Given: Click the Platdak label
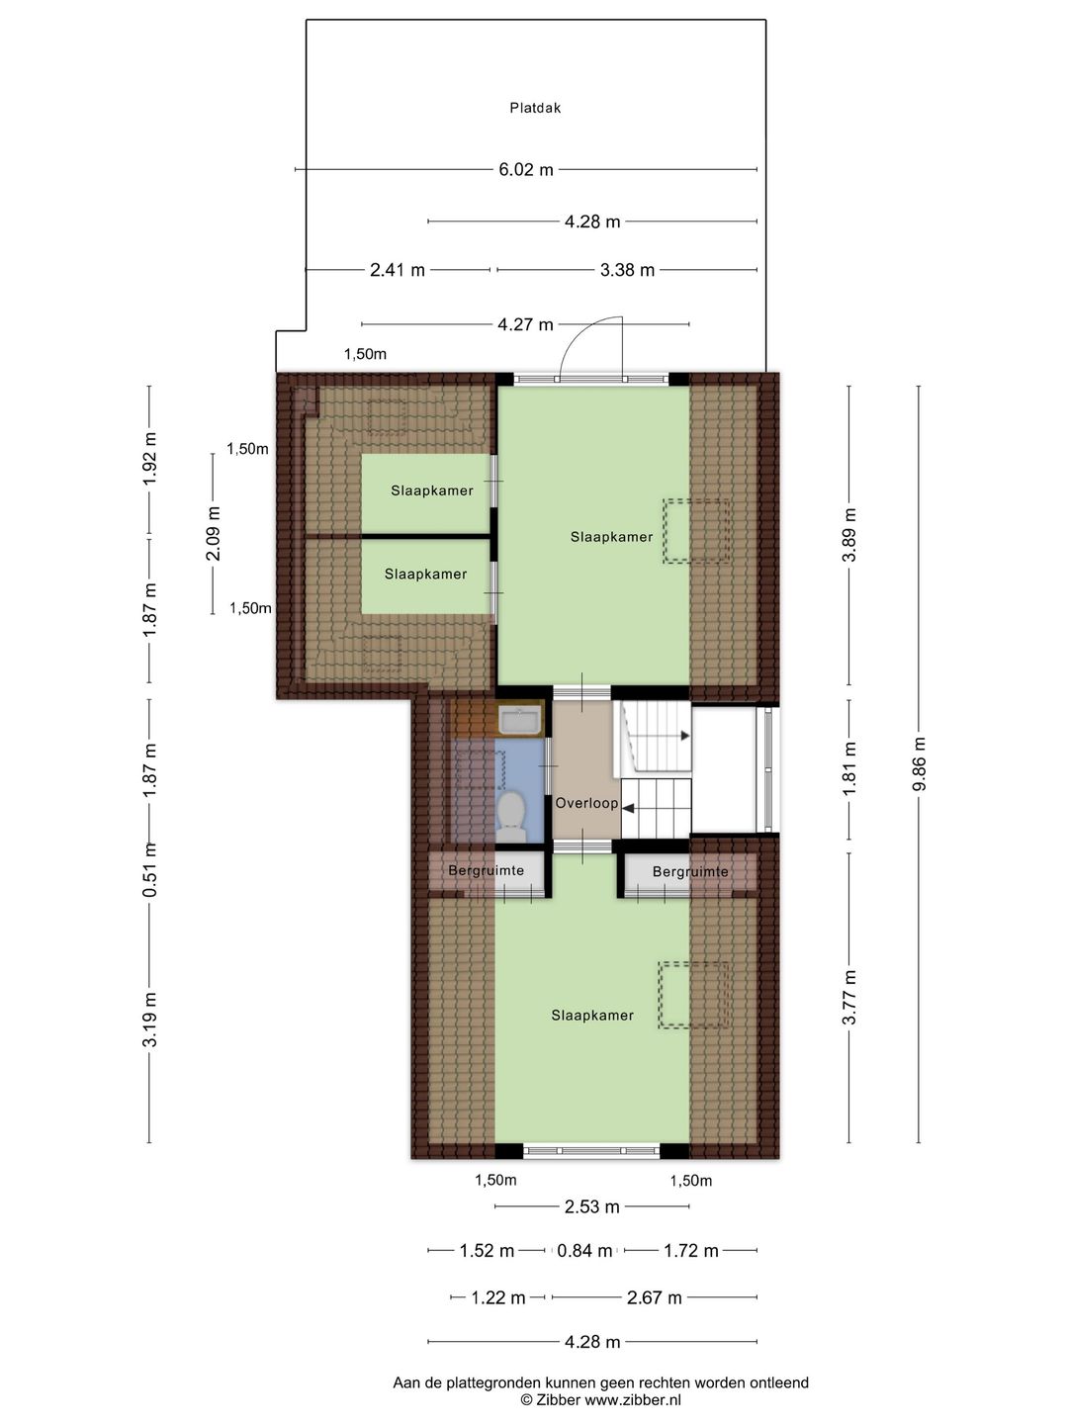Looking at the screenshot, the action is [535, 108].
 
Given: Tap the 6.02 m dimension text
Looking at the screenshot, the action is [526, 170].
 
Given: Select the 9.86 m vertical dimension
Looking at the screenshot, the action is [919, 764].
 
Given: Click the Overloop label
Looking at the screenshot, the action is [586, 803].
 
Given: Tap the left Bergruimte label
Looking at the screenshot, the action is [486, 870].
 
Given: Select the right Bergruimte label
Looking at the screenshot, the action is [690, 871].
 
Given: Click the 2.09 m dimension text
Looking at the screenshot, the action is [214, 533].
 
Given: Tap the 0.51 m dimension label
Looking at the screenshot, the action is [149, 870].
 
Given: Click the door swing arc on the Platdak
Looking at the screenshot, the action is [577, 333].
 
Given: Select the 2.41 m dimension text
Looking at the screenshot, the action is [397, 270].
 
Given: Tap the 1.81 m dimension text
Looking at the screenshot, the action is [849, 768].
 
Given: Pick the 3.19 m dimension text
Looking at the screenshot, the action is [149, 1020].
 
